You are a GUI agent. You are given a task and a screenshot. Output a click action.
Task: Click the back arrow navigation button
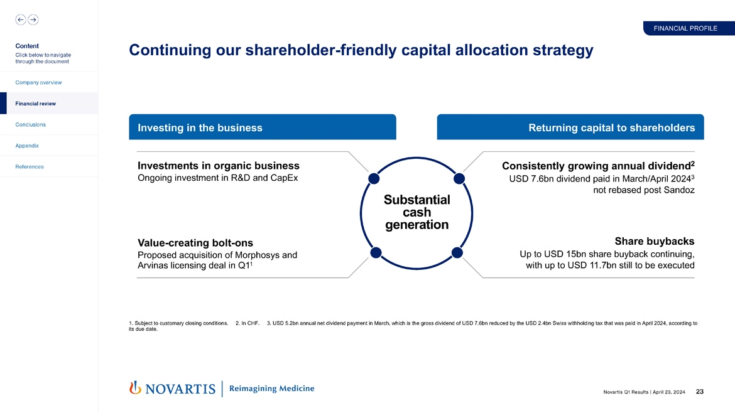click(x=21, y=19)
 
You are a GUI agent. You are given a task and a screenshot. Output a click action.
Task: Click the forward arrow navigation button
click(x=33, y=19)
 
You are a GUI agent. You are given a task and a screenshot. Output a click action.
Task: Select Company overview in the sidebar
click(x=38, y=82)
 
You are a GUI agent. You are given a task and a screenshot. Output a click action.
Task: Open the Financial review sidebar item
click(x=36, y=104)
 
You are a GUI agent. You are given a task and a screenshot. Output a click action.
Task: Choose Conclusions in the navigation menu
click(x=31, y=124)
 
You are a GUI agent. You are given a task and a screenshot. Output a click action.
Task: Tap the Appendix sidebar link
click(x=27, y=146)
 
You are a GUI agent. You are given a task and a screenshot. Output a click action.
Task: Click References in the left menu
click(x=30, y=166)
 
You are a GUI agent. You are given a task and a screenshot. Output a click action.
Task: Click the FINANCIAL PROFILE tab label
click(x=685, y=28)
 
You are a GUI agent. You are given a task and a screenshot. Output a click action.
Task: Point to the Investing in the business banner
click(x=263, y=127)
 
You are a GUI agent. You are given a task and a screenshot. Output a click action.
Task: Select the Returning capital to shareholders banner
click(x=570, y=127)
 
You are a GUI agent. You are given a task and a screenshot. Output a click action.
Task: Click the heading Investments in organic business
click(x=218, y=166)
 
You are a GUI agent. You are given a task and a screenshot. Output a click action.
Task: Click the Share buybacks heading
click(x=654, y=241)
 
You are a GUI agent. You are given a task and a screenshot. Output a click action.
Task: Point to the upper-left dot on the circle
click(x=374, y=178)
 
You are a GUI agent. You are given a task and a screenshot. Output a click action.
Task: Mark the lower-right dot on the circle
click(x=457, y=252)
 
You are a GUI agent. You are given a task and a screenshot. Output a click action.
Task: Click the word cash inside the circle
click(x=416, y=212)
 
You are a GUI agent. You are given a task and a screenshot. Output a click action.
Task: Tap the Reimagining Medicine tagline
click(x=271, y=389)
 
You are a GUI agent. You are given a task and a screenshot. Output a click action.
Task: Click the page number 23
click(x=700, y=392)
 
